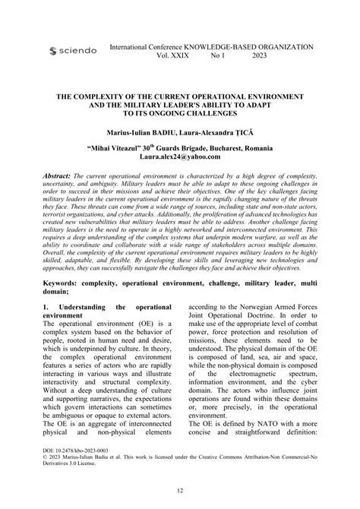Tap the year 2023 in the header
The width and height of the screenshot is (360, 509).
[x=259, y=56]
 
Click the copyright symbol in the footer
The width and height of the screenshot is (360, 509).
[x=49, y=468]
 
